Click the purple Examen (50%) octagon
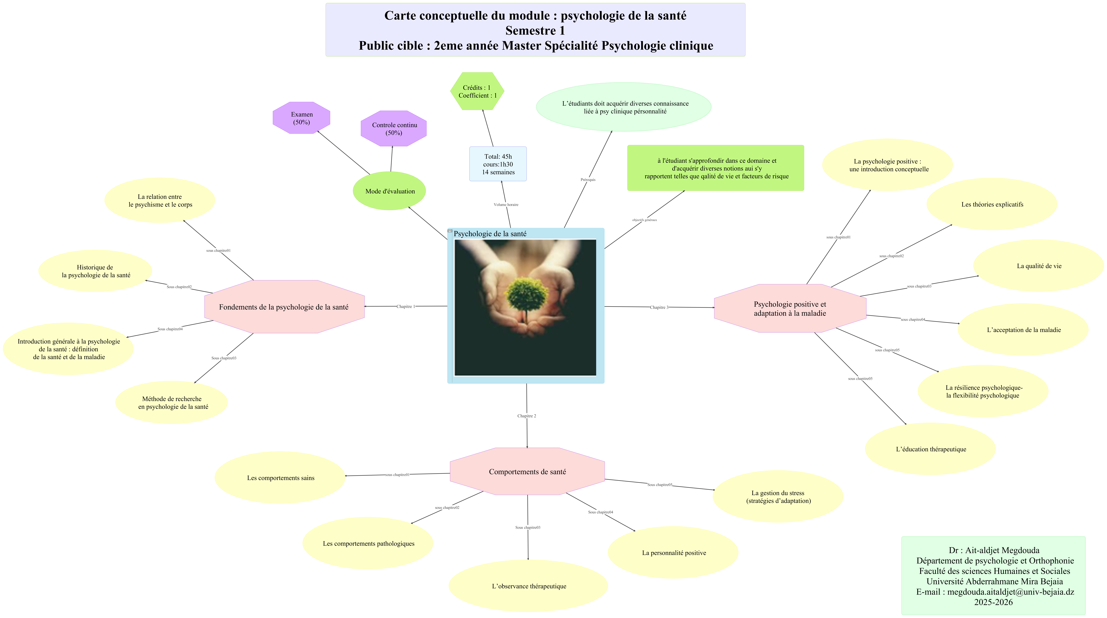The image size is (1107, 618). coord(301,118)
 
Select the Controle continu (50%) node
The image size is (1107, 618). coord(394,129)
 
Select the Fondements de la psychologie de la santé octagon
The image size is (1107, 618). coord(284,307)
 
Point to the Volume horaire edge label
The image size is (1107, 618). coord(506,205)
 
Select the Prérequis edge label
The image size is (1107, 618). coord(588,180)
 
